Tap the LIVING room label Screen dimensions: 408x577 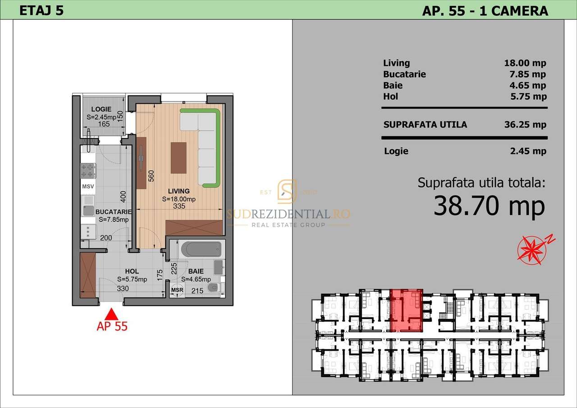(179, 191)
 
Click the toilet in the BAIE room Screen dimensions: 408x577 (213, 288)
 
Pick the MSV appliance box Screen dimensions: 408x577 (87, 186)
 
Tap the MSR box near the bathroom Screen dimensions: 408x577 (177, 290)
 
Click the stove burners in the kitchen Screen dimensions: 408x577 (88, 170)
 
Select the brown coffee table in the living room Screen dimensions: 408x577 (179, 158)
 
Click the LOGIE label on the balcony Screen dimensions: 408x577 (101, 109)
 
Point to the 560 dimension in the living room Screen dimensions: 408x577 (151, 175)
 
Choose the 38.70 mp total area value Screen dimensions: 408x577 (489, 206)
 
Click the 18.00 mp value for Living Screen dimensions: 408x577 (525, 63)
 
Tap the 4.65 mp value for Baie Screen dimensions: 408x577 (527, 85)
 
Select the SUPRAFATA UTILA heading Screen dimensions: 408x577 (425, 124)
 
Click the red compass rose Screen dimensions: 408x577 (530, 249)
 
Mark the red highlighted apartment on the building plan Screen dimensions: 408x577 (406, 310)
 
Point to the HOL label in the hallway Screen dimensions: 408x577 (132, 271)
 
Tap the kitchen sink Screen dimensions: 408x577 (88, 210)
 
